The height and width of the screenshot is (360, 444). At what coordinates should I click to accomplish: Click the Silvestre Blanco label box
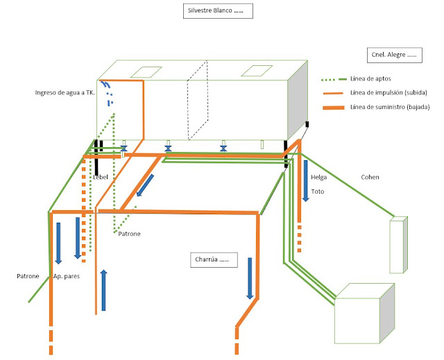pyautogui.click(x=218, y=11)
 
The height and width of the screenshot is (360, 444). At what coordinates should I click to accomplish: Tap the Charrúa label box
pyautogui.click(x=214, y=260)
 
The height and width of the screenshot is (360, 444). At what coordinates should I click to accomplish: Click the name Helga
pyautogui.click(x=318, y=177)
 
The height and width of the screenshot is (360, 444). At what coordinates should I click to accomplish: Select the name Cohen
pyautogui.click(x=370, y=177)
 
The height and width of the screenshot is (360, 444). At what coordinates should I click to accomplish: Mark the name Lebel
pyautogui.click(x=101, y=177)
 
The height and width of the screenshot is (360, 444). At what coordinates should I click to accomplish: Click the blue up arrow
pyautogui.click(x=103, y=289)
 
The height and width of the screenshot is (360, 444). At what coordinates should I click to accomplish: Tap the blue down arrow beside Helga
pyautogui.click(x=305, y=180)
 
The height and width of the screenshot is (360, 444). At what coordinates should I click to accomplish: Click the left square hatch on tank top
pyautogui.click(x=146, y=71)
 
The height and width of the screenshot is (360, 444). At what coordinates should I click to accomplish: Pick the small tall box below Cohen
pyautogui.click(x=398, y=245)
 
